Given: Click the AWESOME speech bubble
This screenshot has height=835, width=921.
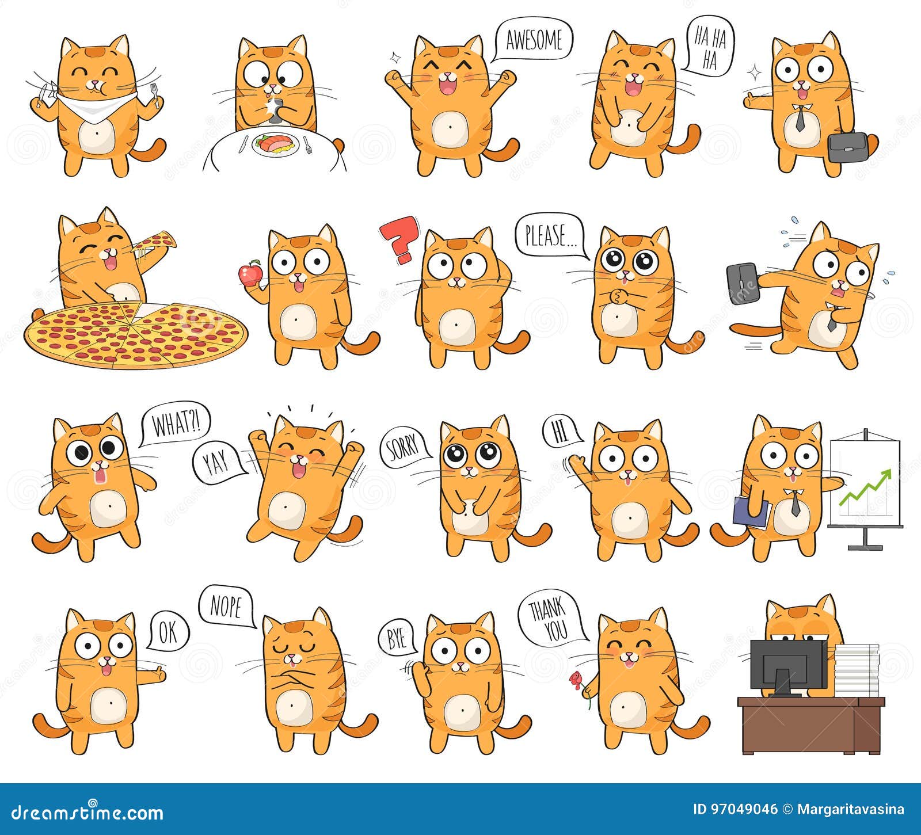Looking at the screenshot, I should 534,40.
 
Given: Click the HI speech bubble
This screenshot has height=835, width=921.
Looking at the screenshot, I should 560,433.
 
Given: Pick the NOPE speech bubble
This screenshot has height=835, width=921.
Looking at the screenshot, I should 226,607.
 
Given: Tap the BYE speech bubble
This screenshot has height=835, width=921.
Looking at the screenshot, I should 397,639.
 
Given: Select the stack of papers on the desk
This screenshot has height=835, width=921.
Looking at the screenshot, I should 856,670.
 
